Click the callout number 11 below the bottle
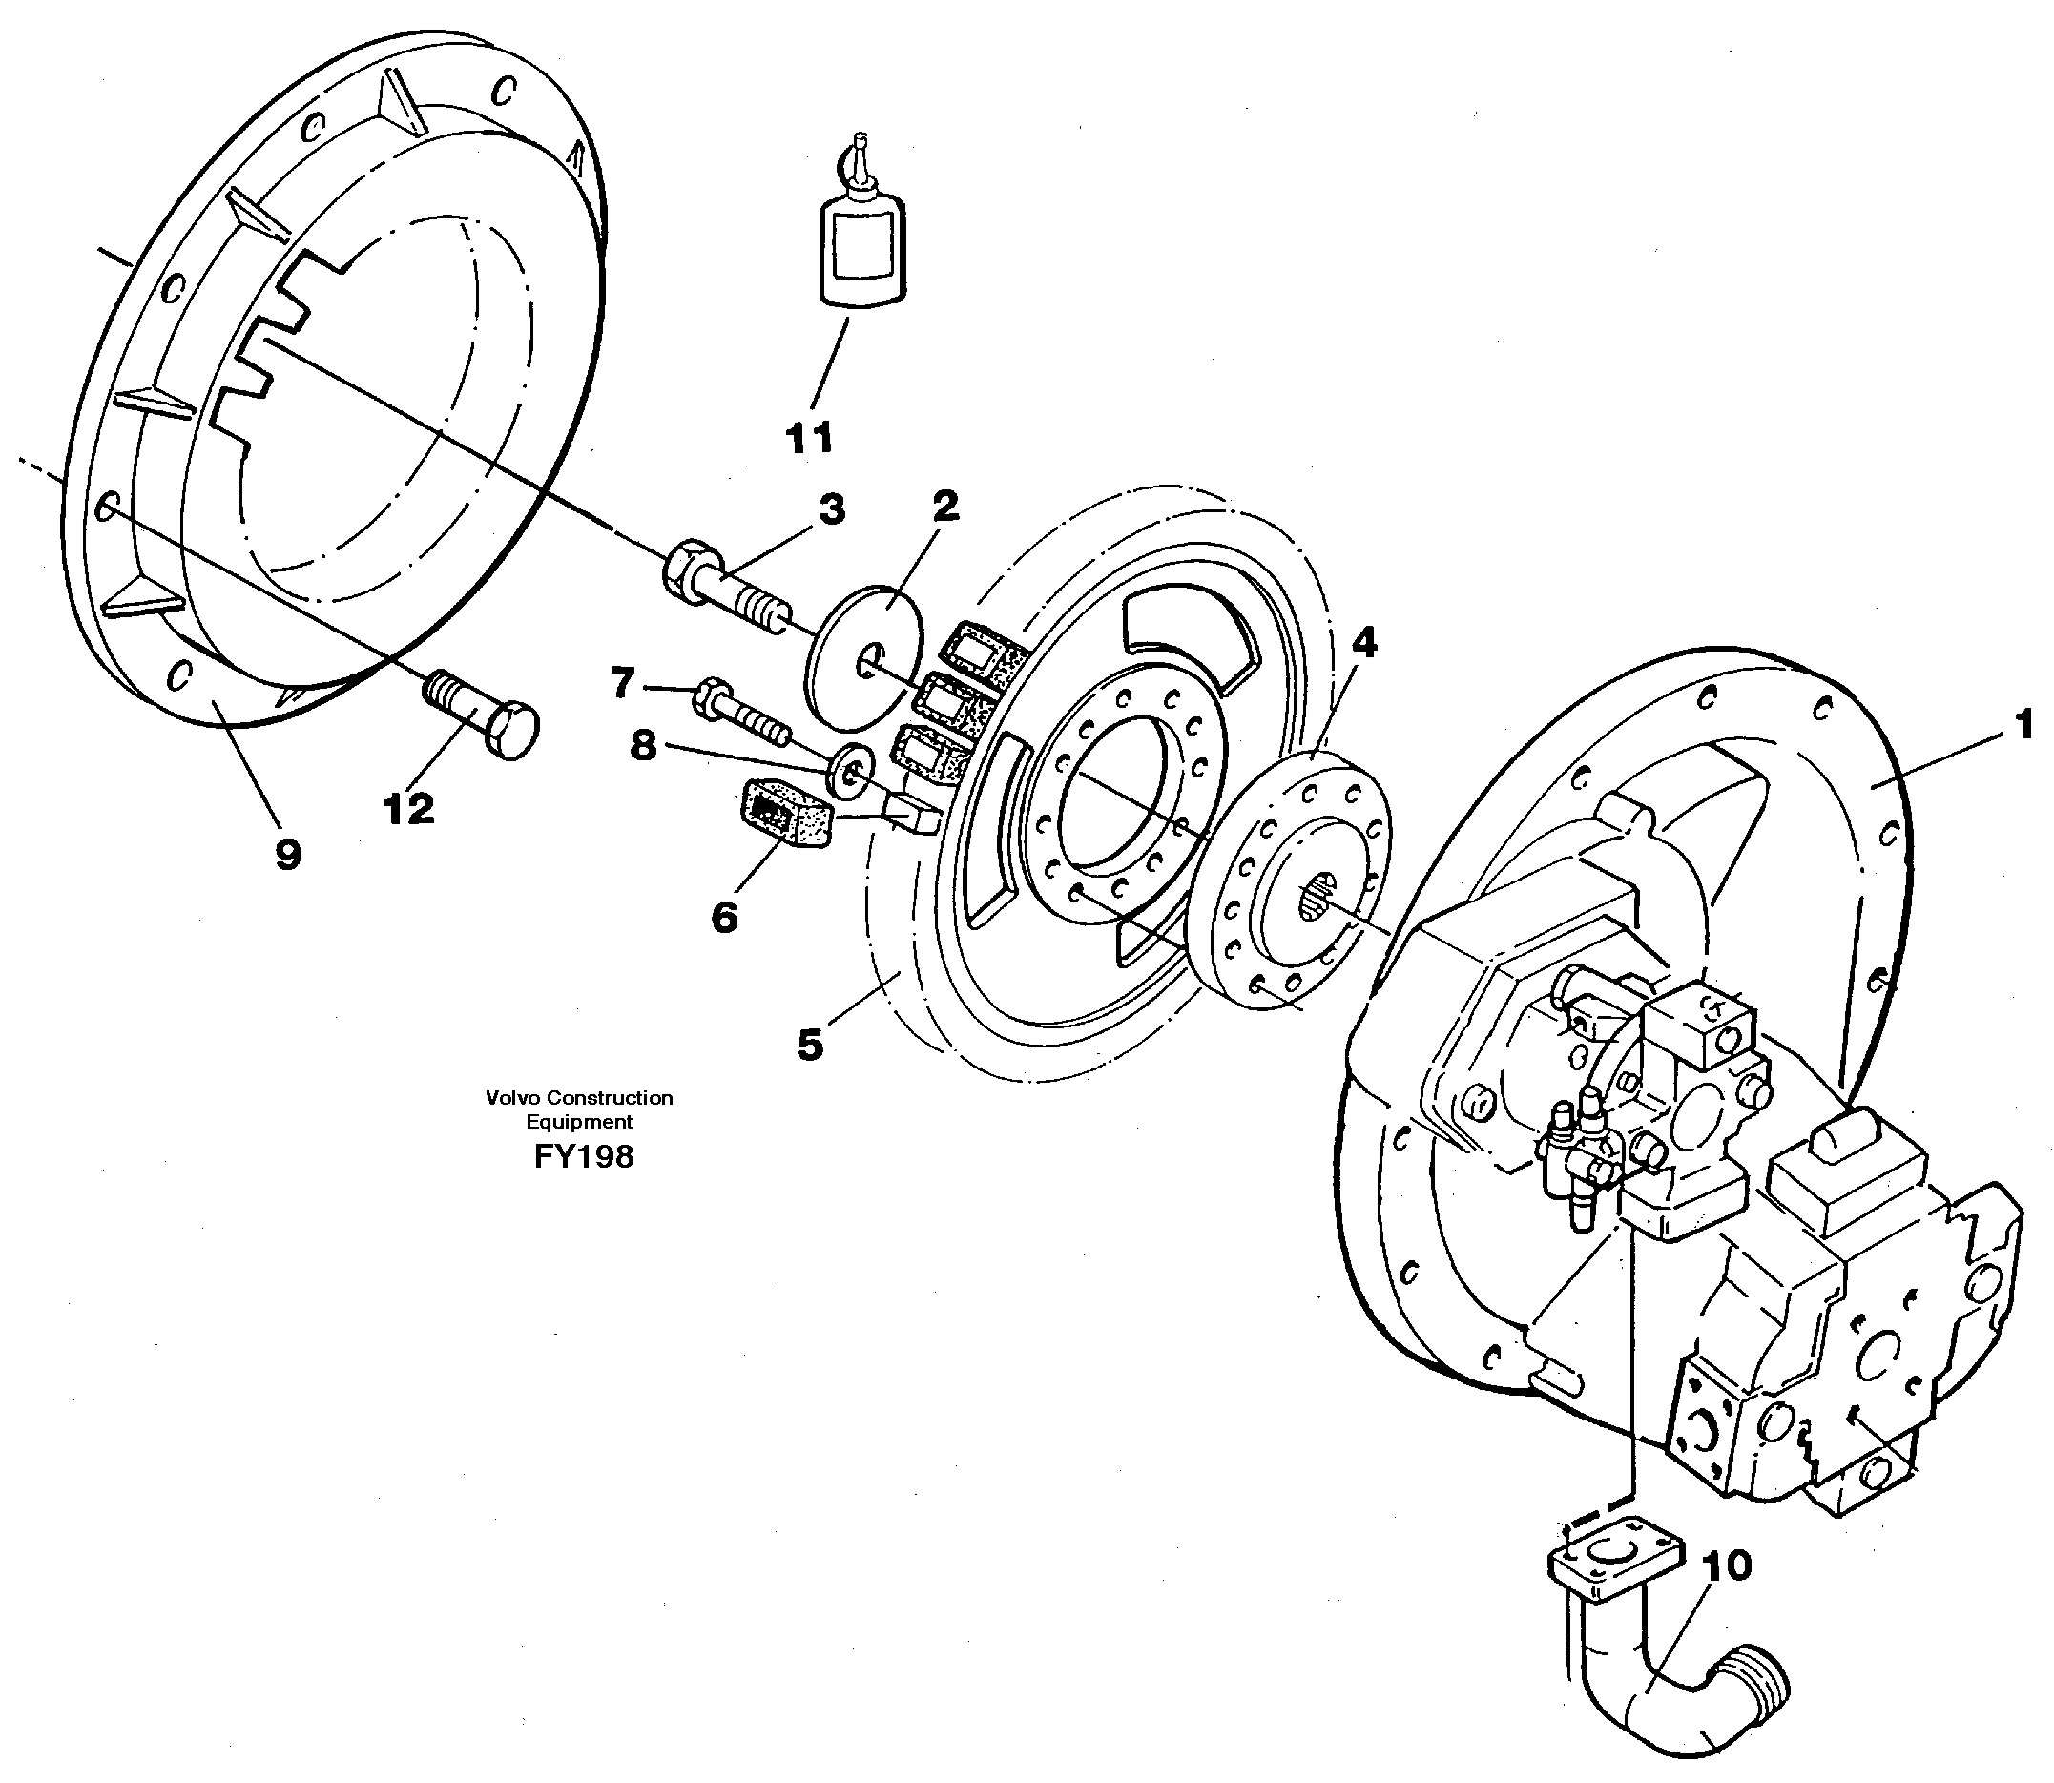tap(809, 438)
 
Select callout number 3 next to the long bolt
tap(831, 509)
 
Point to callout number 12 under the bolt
tap(409, 809)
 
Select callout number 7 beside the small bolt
tap(622, 684)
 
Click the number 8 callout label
tap(644, 745)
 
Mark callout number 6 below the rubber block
tap(724, 917)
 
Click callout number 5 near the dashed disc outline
tap(810, 1045)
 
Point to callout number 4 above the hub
tap(1363, 644)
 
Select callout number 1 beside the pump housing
tap(2023, 724)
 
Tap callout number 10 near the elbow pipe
tap(1727, 1566)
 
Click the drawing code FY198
tap(583, 1156)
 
